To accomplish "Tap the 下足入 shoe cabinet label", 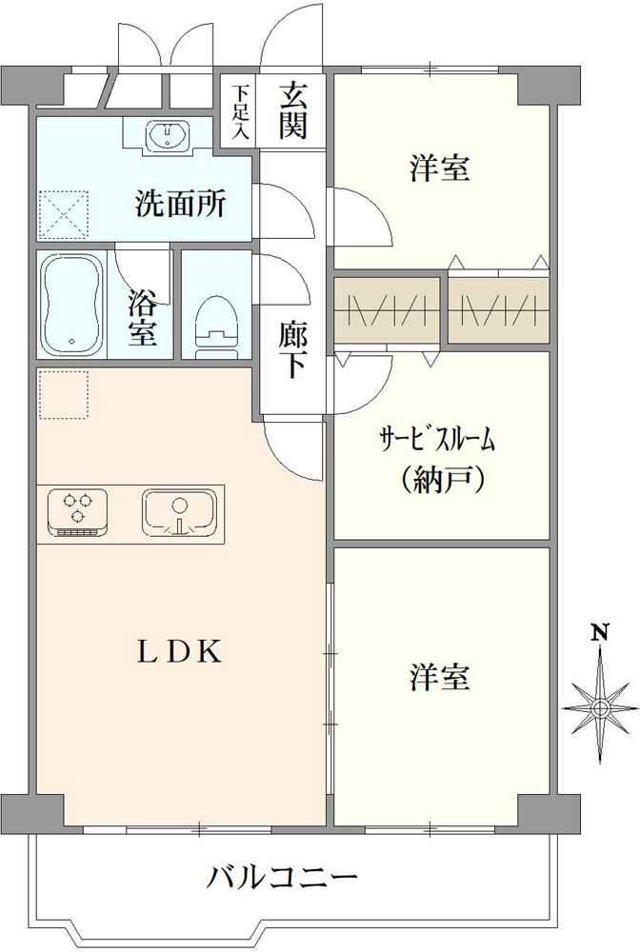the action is (241, 112).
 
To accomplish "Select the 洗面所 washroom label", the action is (180, 204).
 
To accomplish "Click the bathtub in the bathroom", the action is (71, 306).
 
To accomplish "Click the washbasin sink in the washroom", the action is (168, 133).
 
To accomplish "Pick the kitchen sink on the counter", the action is (179, 512).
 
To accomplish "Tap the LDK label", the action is (178, 652).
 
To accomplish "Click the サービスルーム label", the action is (437, 438).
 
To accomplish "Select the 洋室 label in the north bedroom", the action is (440, 169).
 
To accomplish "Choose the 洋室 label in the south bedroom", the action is (440, 678).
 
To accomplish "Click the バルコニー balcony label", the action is (284, 878).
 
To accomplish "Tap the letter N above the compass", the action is (601, 633).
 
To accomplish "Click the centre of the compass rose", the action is (601, 708).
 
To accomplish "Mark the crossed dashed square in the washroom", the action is (64, 215).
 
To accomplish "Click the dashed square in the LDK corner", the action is (64, 395).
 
